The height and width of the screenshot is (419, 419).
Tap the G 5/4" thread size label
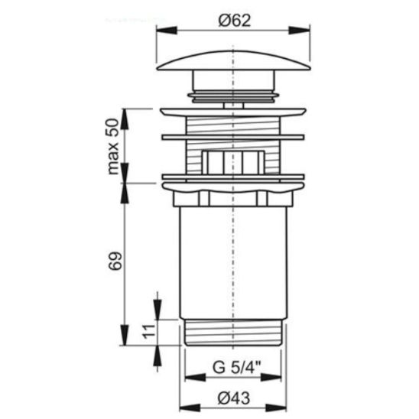(x=234, y=366)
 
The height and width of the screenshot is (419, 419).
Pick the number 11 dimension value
(x=148, y=330)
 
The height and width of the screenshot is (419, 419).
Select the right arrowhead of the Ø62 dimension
(x=307, y=31)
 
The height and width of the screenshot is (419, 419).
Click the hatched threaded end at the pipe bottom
(x=234, y=333)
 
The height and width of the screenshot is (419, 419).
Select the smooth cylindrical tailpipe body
(x=234, y=260)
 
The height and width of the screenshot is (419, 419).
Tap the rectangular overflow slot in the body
(x=234, y=162)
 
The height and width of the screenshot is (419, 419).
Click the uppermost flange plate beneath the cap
(x=234, y=113)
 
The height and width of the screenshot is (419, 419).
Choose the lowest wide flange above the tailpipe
(x=234, y=183)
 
